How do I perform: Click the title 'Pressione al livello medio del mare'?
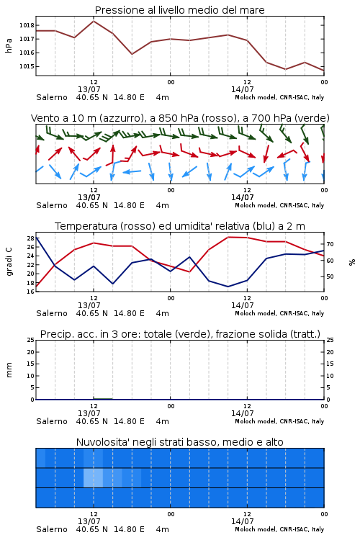tap(179, 10)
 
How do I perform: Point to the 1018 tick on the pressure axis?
tap(27, 25)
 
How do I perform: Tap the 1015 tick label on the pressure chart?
tap(27, 66)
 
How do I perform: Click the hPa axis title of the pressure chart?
tap(9, 45)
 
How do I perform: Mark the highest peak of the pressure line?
tap(94, 21)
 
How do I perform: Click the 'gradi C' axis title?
tap(9, 261)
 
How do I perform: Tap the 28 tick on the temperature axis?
tap(30, 238)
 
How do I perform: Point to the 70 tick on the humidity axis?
tap(330, 244)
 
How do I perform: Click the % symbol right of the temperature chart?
tap(352, 262)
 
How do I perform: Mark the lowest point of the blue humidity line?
tap(228, 287)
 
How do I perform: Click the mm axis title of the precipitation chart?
tap(9, 370)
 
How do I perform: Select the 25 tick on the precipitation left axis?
tap(30, 340)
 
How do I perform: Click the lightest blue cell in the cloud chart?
tap(94, 477)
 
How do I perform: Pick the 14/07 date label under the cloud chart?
tap(242, 521)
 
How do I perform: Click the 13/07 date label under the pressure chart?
tap(89, 89)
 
